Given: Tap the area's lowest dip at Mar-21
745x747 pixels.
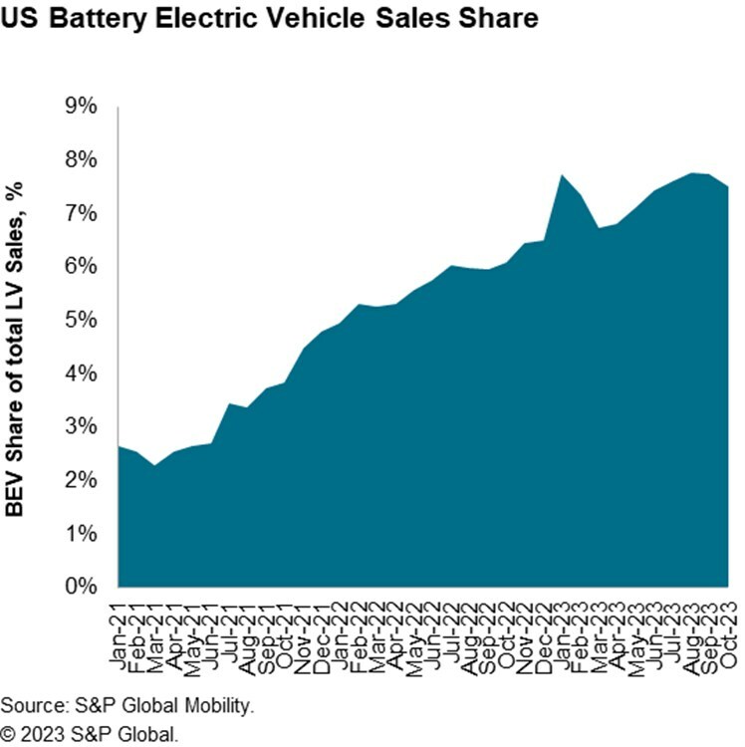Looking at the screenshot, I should coord(154,465).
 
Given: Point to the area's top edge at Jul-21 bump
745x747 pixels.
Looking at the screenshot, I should coord(229,403).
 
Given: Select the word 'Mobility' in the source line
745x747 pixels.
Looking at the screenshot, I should coord(214,706).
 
